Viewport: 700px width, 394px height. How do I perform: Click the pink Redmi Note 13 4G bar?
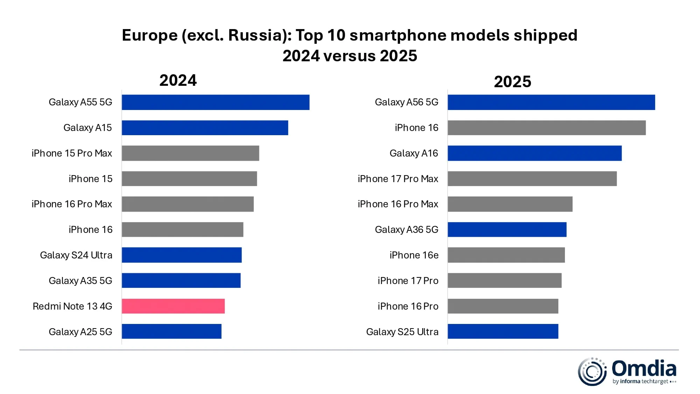173,306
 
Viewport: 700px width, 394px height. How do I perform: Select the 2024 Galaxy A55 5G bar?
216,102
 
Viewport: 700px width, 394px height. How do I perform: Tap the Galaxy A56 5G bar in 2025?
551,102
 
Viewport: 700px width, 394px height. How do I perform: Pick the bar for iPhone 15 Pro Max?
190,153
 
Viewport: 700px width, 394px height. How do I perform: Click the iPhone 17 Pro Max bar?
532,179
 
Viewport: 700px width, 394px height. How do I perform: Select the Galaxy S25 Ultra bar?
503,331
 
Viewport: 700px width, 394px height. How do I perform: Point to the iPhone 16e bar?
506,255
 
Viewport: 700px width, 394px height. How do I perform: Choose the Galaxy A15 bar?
205,128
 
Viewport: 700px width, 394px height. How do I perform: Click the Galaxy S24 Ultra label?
76,255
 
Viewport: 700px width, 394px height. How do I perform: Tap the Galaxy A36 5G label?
406,229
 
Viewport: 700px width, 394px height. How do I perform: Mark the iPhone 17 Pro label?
408,281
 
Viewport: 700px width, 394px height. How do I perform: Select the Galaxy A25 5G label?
80,332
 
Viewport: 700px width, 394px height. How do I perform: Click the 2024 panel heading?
178,80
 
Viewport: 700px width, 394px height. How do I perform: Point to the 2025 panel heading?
512,82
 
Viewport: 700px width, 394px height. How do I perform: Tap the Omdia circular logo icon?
592,372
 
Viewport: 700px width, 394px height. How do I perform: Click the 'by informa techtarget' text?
640,381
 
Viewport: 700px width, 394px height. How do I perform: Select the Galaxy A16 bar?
534,153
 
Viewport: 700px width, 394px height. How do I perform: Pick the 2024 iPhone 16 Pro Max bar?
188,204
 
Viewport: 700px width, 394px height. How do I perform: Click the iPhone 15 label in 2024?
90,179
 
